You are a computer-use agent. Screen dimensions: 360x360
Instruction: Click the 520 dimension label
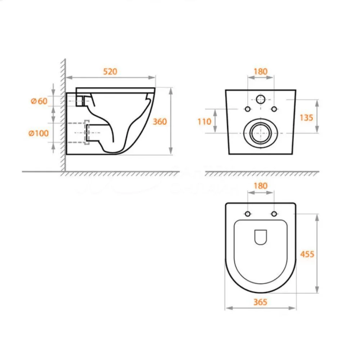click(110, 71)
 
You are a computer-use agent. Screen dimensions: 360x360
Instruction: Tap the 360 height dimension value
click(160, 121)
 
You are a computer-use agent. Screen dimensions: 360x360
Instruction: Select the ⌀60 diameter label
click(39, 101)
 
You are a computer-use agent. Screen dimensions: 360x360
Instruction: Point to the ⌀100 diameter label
click(39, 133)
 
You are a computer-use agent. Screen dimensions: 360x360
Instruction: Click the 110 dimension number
click(204, 121)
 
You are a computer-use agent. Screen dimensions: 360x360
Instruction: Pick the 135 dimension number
click(306, 118)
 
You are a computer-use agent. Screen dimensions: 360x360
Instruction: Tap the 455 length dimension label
click(307, 254)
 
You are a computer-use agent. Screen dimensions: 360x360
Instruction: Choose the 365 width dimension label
click(260, 302)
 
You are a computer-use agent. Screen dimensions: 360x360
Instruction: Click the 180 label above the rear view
click(261, 71)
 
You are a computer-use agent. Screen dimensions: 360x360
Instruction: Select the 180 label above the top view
click(261, 185)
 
